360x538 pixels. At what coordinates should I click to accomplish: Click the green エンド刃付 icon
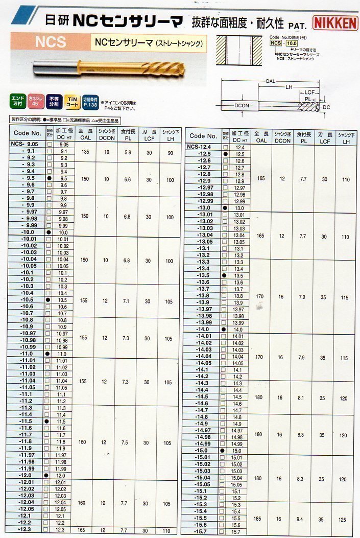coord(17,100)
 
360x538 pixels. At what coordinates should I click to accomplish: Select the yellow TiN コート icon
coord(73,100)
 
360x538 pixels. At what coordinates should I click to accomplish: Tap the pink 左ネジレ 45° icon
coord(36,100)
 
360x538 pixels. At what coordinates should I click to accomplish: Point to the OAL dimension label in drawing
coord(270,81)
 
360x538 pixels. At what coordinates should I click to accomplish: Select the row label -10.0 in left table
coord(28,232)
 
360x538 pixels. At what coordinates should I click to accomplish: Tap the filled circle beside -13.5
coord(224,275)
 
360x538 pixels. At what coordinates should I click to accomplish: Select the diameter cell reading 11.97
coord(61,455)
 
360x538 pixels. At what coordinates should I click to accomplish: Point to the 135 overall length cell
coord(84,152)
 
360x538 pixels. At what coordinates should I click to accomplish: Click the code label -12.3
coord(27,530)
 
